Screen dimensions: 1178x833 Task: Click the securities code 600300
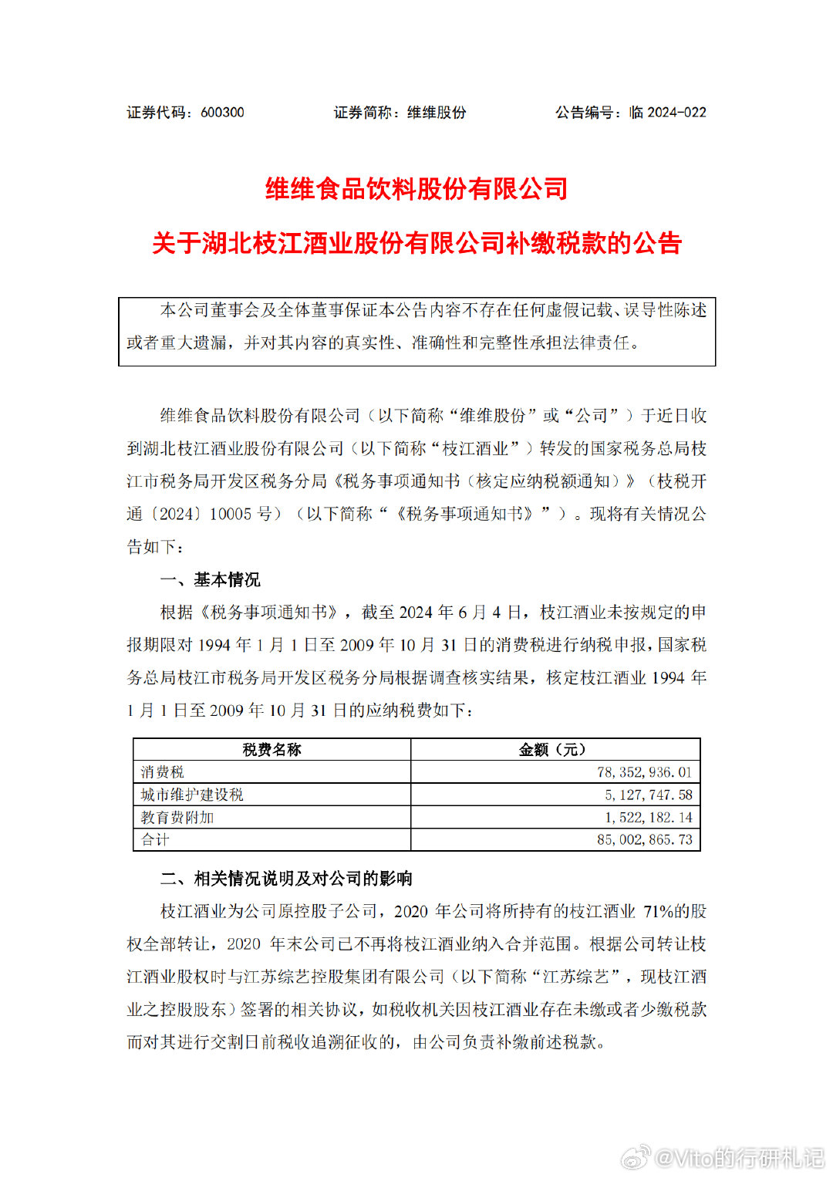tap(222, 113)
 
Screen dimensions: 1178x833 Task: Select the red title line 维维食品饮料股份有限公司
tap(416, 188)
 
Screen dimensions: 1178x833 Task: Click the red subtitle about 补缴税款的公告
tap(416, 243)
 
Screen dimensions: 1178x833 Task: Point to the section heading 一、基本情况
tap(210, 579)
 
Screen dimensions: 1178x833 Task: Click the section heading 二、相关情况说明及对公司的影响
tap(286, 878)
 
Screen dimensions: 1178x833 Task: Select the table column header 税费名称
tap(271, 750)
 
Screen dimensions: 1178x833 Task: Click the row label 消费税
tap(162, 772)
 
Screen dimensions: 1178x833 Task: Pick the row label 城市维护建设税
tap(192, 795)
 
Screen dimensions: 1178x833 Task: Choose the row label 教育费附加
tap(177, 817)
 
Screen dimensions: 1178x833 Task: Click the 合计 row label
tap(155, 839)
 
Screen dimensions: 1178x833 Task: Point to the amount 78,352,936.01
tap(644, 772)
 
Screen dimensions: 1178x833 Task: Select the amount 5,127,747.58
tap(648, 795)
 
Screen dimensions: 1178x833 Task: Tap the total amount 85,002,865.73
tap(644, 839)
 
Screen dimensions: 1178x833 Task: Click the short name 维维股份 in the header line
tap(437, 113)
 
